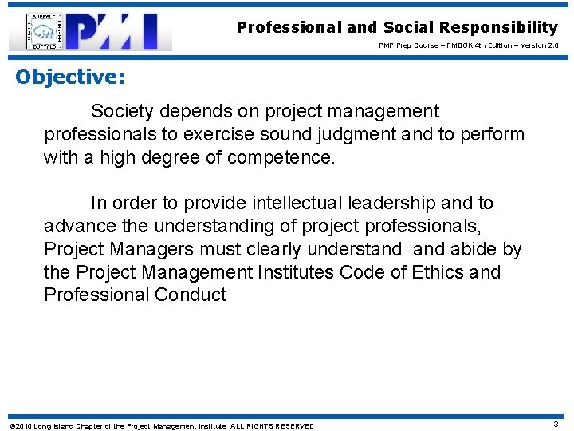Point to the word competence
281,157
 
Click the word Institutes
296,272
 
